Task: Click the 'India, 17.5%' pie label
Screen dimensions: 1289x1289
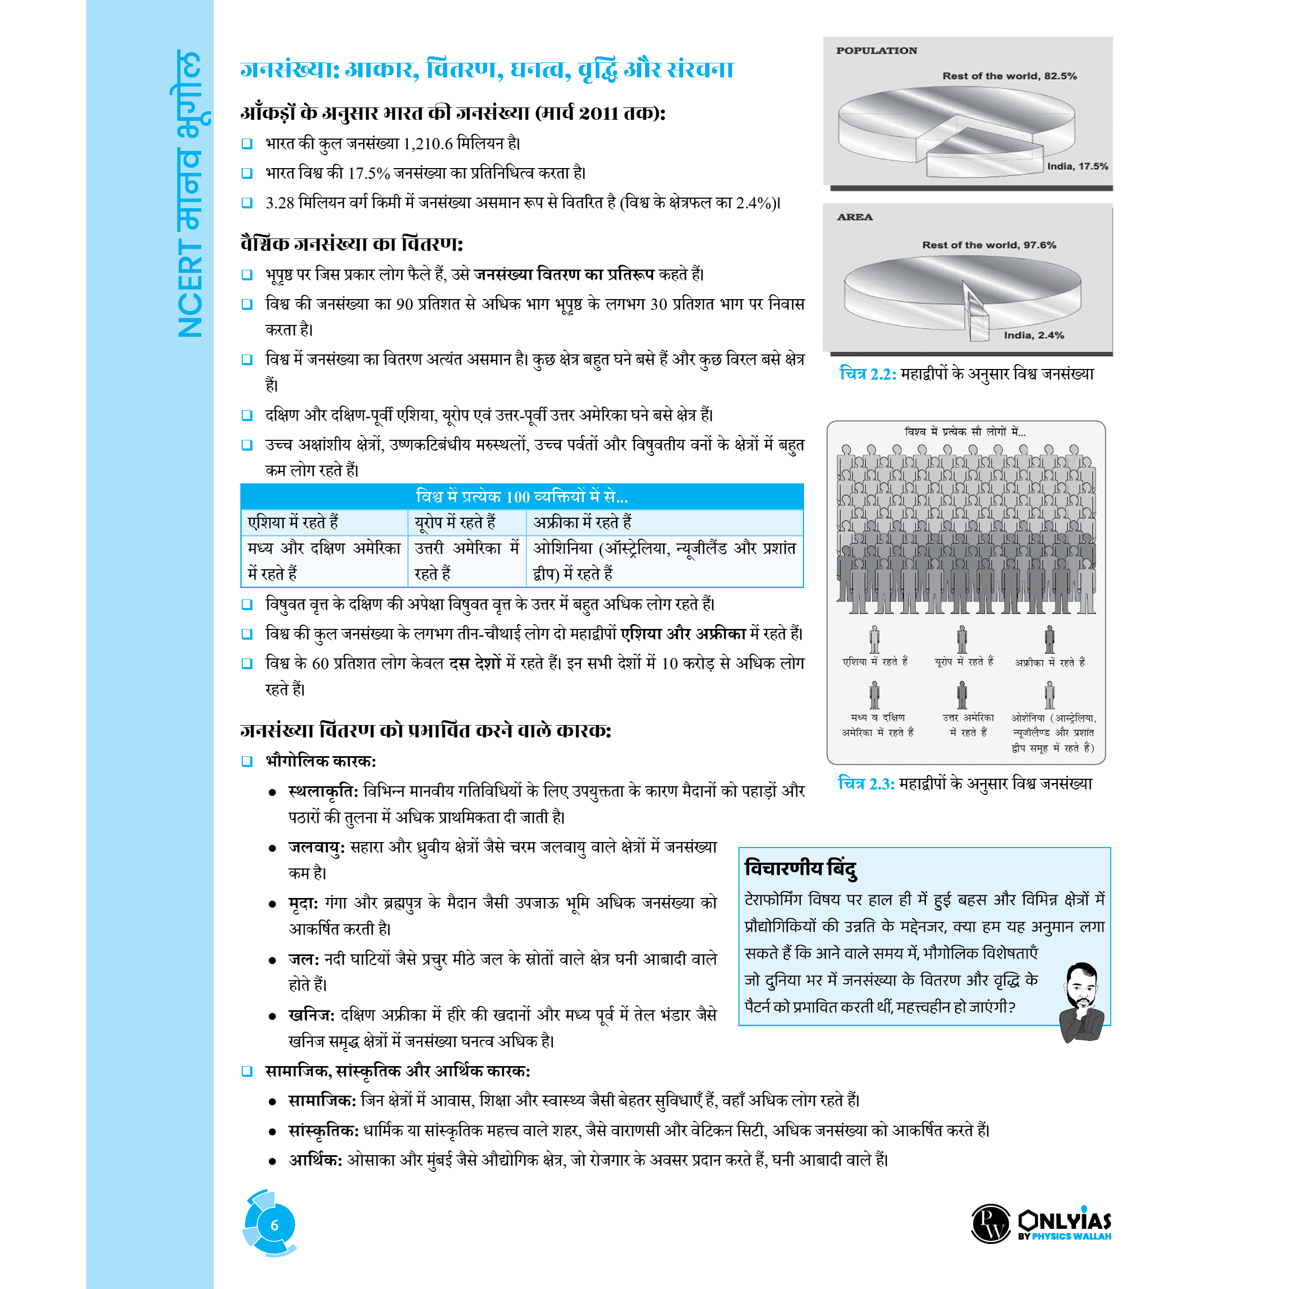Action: (x=1077, y=166)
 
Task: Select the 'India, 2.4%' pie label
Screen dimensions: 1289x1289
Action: (x=1033, y=335)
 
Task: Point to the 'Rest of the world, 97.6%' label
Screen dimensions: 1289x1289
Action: (x=989, y=245)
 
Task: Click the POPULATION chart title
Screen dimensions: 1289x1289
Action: (x=876, y=50)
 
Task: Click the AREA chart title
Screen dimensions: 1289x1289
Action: (x=854, y=217)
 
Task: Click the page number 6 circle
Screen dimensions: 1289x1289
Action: (x=273, y=1225)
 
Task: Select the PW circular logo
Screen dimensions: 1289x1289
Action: (x=991, y=1223)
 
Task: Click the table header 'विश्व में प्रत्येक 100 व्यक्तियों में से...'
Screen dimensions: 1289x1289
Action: (x=522, y=496)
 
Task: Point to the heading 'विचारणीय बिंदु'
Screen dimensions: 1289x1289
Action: (x=801, y=868)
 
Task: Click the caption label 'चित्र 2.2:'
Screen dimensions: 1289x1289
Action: (x=867, y=374)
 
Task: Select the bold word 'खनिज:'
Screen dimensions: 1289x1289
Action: (x=312, y=1015)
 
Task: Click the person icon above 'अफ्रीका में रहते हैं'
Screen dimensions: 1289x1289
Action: (x=1049, y=639)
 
